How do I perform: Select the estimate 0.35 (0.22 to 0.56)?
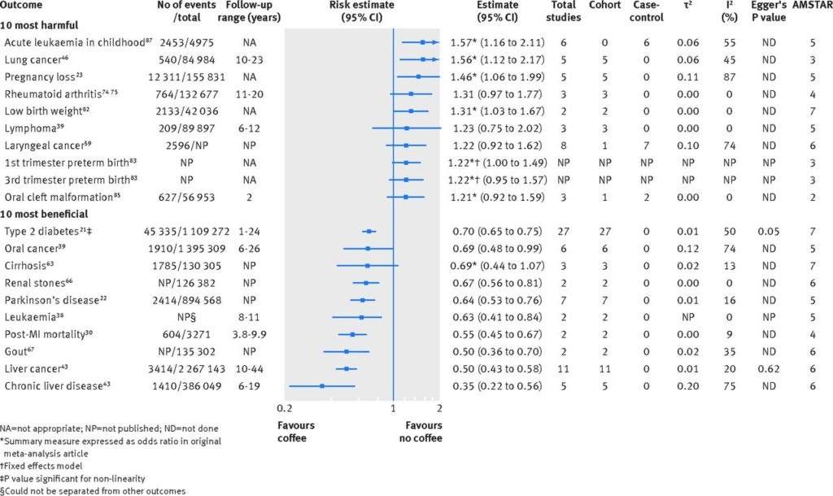pos(497,386)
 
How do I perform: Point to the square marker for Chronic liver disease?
pos(322,386)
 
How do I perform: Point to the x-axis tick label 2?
pos(439,408)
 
